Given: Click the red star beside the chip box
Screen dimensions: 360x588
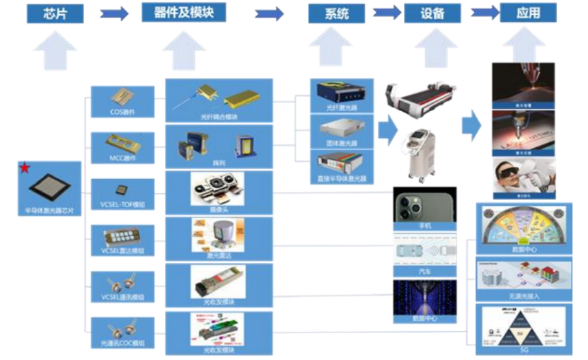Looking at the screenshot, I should [25, 168].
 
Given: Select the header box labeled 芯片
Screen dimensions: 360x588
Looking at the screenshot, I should [55, 13].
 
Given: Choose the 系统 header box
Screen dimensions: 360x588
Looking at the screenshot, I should [337, 13].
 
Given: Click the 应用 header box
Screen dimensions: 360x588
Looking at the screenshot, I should [528, 13].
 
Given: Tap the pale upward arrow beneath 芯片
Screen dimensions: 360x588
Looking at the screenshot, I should [55, 51].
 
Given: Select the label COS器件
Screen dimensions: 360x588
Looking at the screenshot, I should [122, 112].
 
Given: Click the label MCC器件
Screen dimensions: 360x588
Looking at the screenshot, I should [122, 158].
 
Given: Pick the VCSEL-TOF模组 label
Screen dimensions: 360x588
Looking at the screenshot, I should [122, 204].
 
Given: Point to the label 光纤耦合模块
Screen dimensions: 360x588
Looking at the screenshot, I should [218, 115].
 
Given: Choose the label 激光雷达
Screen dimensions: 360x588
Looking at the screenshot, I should [218, 253].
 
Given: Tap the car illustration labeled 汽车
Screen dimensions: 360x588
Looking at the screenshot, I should [425, 252].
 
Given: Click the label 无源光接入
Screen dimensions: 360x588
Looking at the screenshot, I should [524, 296].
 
